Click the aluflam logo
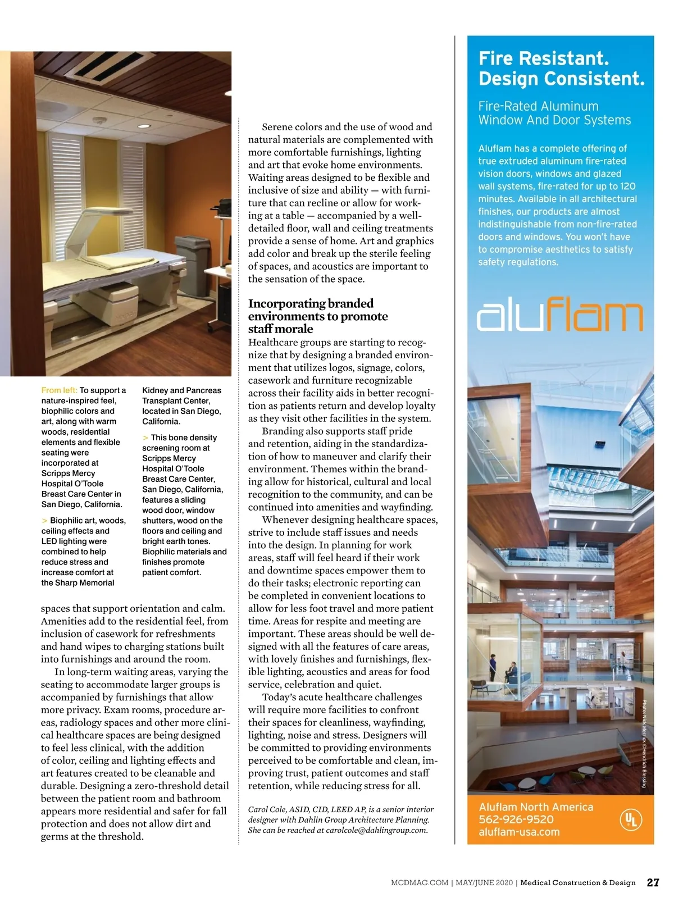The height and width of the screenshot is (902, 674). tap(559, 316)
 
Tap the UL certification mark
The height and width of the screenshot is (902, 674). tap(630, 819)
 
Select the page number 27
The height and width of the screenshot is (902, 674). tap(653, 883)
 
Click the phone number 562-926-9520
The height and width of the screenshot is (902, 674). tap(516, 819)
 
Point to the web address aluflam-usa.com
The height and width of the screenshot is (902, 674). tap(519, 832)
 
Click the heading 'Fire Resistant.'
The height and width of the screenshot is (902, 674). tap(543, 58)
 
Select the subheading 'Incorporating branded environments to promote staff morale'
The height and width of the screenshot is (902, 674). tap(318, 316)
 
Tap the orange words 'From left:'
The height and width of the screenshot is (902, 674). tap(59, 390)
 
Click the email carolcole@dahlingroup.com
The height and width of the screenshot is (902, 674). tap(376, 830)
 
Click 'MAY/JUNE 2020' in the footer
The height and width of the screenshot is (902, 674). tap(484, 883)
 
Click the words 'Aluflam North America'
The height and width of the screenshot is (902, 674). tap(536, 807)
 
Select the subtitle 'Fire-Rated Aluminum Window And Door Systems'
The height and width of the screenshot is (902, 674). tap(554, 113)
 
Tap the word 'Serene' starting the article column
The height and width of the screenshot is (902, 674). tap(277, 127)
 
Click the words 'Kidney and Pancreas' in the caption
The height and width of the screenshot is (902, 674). tap(181, 390)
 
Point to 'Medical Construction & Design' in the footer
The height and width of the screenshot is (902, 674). tap(577, 883)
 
